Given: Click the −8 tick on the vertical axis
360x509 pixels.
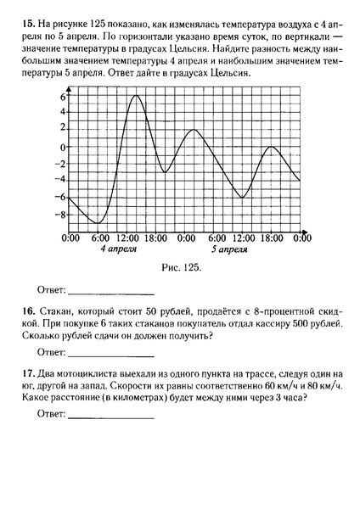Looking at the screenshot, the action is (x=59, y=215).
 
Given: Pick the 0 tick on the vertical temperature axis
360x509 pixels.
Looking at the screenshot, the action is (x=63, y=147).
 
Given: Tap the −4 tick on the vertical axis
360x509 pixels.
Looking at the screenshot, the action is (x=59, y=181).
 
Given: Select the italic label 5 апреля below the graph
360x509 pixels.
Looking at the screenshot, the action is (x=230, y=251).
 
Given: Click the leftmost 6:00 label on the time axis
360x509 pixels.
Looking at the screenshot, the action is (x=100, y=239).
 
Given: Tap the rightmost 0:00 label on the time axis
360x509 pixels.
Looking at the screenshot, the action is (x=301, y=239).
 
